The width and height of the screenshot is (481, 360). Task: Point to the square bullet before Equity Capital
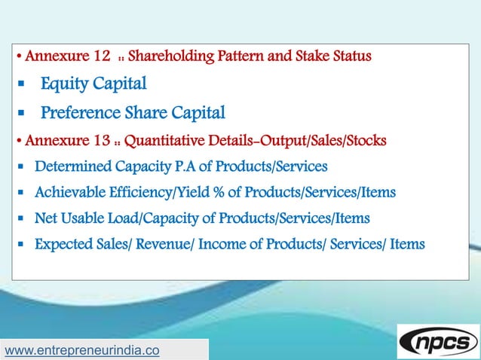[x=23, y=84]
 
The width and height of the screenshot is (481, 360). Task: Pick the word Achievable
[x=69, y=193]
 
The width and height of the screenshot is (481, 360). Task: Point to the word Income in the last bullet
[x=221, y=244]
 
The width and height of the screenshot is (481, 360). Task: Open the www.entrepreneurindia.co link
[x=82, y=350]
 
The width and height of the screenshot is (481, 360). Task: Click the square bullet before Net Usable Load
[x=23, y=219]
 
